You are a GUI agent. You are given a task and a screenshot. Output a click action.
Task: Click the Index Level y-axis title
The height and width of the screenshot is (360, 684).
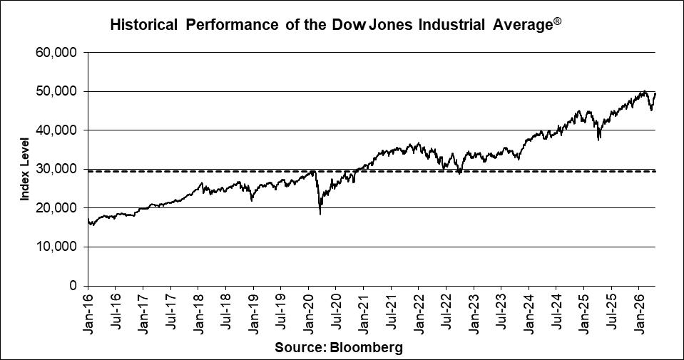tap(24, 169)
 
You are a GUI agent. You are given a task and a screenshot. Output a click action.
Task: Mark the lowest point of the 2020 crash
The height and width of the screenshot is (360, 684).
tap(320, 213)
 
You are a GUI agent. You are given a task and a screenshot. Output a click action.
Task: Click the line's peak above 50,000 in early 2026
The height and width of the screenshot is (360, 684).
tap(644, 91)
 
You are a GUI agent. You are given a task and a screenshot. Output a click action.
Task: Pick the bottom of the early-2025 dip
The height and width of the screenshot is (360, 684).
tap(598, 140)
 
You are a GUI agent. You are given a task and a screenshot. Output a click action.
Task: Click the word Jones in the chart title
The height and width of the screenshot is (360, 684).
tap(391, 26)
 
